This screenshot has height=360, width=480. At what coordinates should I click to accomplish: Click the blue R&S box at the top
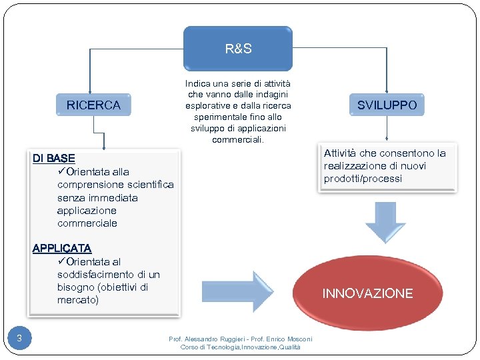tap(238, 49)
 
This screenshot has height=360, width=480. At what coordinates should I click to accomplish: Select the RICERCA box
tap(93, 105)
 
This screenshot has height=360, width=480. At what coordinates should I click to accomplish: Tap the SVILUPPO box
tap(387, 105)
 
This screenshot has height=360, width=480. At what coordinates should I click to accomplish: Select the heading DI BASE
tap(54, 159)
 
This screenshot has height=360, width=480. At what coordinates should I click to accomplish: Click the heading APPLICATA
tap(62, 249)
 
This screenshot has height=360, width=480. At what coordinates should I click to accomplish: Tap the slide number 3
tap(19, 339)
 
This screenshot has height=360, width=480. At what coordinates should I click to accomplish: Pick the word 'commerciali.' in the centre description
tap(238, 140)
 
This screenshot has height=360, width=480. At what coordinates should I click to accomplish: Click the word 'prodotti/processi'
tap(363, 179)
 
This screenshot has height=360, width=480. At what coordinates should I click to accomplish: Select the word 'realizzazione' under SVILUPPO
tap(355, 166)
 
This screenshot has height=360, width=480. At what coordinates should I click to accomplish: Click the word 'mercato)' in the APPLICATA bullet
tap(77, 300)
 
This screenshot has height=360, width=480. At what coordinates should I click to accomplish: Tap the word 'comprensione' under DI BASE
tap(89, 185)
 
